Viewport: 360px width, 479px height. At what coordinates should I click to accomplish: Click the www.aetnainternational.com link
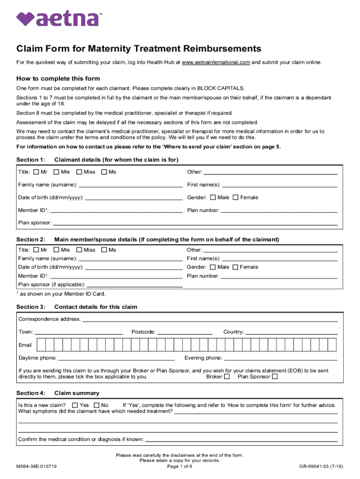(216, 62)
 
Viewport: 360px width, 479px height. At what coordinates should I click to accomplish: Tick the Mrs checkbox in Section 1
(57, 172)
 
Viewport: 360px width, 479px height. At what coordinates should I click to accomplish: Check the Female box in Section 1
(236, 197)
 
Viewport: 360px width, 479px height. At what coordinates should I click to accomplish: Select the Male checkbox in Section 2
(213, 267)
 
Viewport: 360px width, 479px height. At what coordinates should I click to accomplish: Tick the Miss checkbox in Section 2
(79, 250)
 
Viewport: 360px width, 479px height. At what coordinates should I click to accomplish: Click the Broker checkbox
(227, 377)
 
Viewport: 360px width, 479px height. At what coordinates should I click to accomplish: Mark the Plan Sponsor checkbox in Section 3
(275, 377)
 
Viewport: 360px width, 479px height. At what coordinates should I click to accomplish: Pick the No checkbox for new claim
(97, 405)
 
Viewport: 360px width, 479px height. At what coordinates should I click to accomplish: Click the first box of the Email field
(41, 345)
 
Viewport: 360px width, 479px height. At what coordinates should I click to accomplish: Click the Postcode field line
(185, 333)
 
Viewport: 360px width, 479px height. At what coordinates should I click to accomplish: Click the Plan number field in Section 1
(279, 211)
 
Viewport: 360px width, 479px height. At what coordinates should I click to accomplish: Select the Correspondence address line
(210, 320)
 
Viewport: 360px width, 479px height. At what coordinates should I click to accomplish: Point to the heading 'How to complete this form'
(58, 79)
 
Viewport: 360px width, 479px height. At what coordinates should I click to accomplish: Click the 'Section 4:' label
(31, 393)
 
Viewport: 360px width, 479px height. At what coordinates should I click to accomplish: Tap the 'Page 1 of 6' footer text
(180, 466)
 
